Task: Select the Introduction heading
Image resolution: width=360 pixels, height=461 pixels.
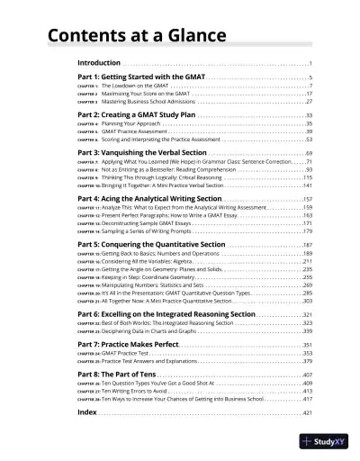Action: pos(99,64)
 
